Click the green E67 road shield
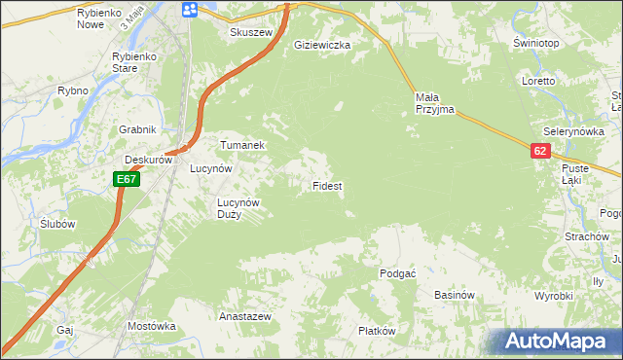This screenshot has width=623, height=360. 127,179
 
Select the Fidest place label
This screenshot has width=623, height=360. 326,185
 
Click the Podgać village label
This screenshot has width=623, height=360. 398,273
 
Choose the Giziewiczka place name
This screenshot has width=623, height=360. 322,45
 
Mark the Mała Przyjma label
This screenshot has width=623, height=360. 435,103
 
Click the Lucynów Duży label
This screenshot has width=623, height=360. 238,208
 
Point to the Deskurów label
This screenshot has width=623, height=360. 148,161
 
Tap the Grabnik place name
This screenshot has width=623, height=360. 138,129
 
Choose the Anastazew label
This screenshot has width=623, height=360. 244,317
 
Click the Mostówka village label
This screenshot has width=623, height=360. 150,326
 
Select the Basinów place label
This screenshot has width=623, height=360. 454,295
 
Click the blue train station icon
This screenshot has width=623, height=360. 190,10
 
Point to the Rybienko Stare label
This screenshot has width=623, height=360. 137,62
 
